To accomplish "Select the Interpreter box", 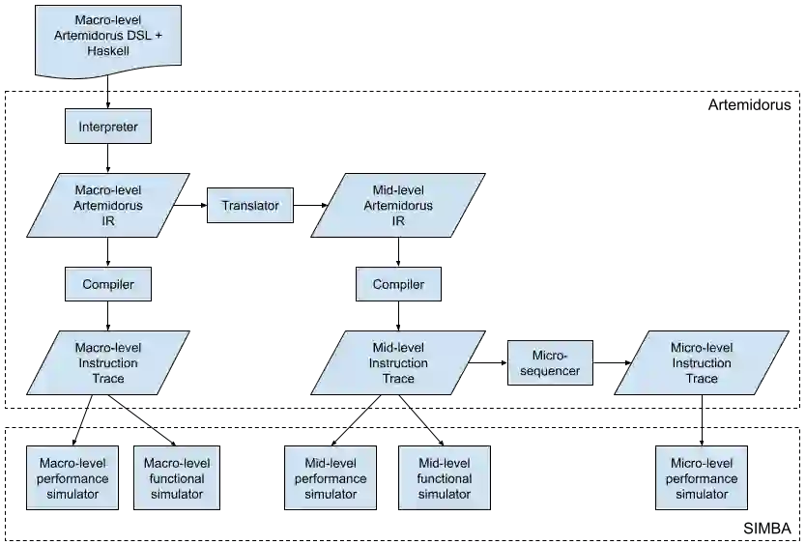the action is tap(107, 128).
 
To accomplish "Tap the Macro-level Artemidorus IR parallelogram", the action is tap(107, 206).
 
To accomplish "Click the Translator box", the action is tap(249, 206).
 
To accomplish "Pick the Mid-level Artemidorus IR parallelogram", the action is tap(397, 206).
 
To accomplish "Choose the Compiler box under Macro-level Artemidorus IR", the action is tap(107, 284).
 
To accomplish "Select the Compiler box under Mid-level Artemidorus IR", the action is tap(397, 284).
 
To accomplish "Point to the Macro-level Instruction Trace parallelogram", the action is tap(107, 363).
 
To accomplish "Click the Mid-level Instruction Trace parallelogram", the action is tap(397, 363).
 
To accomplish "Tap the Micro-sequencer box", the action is tap(549, 363).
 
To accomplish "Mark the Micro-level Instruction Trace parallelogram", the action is tap(701, 363).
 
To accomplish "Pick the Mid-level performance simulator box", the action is tap(330, 478).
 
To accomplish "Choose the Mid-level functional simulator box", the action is tap(444, 478).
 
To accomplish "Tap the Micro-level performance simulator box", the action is tap(701, 478).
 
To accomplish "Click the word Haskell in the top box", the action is tap(107, 50).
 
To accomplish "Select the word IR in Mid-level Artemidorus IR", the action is tap(397, 221).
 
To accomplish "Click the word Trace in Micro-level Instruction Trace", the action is tap(701, 379).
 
